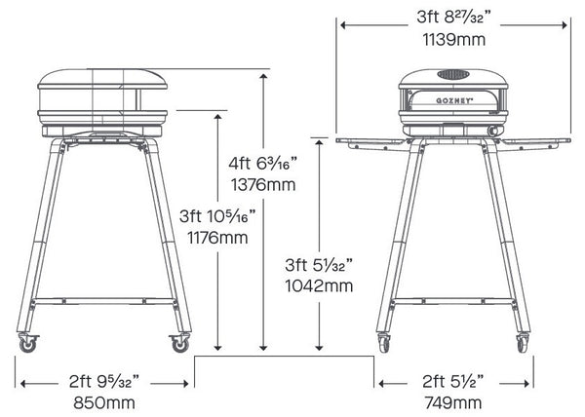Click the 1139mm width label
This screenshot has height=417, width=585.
pyautogui.click(x=454, y=40)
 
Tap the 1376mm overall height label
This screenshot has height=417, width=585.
pyautogui.click(x=263, y=185)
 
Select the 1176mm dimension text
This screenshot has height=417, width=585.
pyautogui.click(x=217, y=238)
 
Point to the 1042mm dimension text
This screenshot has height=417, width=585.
pyautogui.click(x=319, y=285)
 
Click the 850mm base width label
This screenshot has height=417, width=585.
pyautogui.click(x=104, y=402)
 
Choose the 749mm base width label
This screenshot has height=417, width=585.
pyautogui.click(x=453, y=402)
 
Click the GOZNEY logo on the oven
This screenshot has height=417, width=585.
pyautogui.click(x=454, y=100)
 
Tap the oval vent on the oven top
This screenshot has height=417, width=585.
pyautogui.click(x=453, y=75)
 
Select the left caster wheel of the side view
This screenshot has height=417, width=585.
pyautogui.click(x=28, y=343)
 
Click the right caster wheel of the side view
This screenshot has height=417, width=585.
pyautogui.click(x=180, y=343)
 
